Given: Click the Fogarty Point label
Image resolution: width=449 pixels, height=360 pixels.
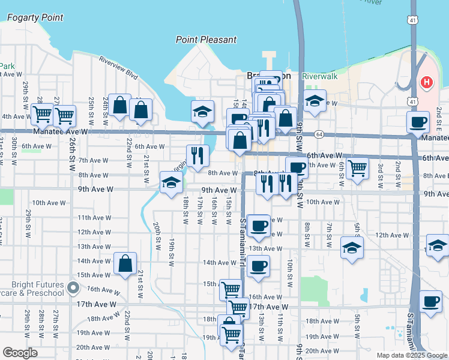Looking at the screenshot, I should (x=35, y=17).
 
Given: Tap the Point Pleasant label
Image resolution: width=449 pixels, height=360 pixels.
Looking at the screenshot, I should (x=206, y=40).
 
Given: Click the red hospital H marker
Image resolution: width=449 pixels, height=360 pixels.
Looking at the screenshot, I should (x=427, y=82).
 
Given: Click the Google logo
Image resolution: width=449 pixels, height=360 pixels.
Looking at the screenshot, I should (x=20, y=353).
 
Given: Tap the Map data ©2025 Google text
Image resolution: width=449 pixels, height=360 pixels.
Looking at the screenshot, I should (x=412, y=355).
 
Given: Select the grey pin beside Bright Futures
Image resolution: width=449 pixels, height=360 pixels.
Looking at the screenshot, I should (x=73, y=289).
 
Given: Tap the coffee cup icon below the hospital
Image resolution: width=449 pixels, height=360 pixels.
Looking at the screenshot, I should (x=418, y=122).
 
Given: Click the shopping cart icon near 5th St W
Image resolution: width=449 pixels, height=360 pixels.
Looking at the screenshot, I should (x=357, y=167).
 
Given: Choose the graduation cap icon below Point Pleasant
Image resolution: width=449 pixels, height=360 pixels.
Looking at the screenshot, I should (x=203, y=111).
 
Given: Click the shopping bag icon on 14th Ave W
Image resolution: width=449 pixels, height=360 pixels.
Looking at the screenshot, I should (x=125, y=263).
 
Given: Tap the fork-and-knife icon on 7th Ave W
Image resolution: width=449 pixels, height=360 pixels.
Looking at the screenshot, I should (x=197, y=155).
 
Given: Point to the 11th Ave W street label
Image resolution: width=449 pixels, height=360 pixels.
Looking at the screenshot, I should (x=92, y=218).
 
